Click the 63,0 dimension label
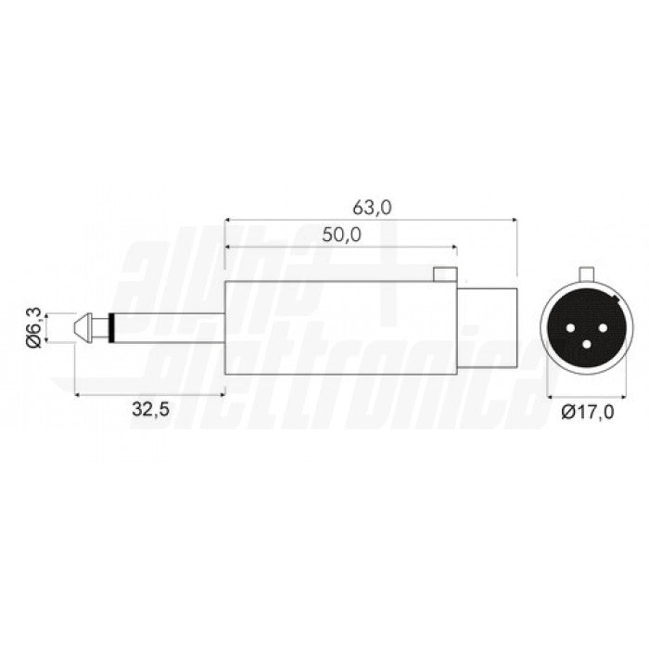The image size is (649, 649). [372, 208]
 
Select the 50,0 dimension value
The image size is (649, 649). [342, 235]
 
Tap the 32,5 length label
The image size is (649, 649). [150, 410]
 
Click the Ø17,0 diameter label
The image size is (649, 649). [588, 412]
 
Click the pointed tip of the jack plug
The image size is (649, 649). [75, 328]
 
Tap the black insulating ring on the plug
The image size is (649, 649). [111, 328]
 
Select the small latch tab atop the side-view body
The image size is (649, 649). [445, 274]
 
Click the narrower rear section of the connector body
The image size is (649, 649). [487, 327]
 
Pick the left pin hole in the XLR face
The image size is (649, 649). [571, 328]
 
